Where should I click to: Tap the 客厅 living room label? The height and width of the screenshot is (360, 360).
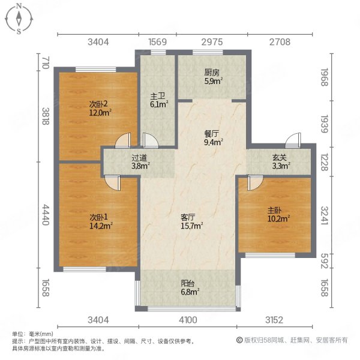[188, 217]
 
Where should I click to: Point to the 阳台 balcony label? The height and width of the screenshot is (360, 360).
[190, 286]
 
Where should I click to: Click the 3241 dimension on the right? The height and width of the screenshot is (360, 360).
[325, 214]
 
